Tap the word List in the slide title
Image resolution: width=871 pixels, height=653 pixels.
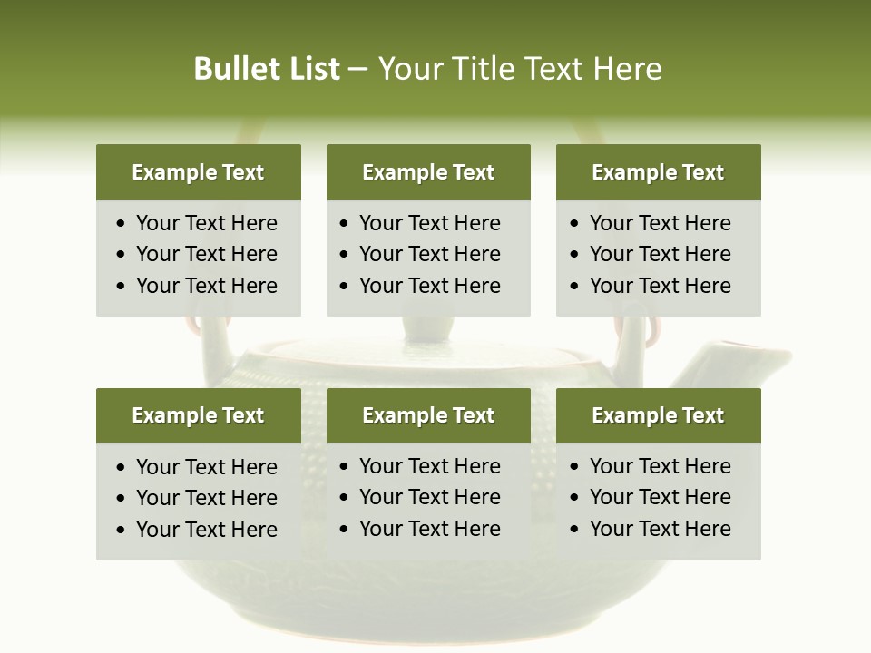click(x=310, y=69)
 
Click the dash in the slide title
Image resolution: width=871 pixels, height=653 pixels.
click(x=358, y=69)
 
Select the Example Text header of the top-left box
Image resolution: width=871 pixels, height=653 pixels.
click(x=198, y=172)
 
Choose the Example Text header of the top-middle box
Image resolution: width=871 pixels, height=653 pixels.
click(x=428, y=172)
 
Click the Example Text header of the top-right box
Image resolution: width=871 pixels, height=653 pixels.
click(x=658, y=172)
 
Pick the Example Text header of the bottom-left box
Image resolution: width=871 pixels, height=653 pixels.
click(x=198, y=415)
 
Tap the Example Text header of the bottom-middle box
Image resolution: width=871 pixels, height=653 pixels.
click(x=428, y=415)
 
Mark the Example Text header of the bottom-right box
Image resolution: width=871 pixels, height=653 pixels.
click(x=658, y=415)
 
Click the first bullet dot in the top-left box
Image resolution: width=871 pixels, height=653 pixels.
click(x=122, y=224)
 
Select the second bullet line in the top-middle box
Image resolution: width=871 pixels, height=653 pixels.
click(x=429, y=254)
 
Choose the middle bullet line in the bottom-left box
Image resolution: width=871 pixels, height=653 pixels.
click(x=206, y=498)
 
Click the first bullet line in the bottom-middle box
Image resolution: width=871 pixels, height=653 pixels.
click(x=429, y=466)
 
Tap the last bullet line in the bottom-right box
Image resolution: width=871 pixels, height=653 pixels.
click(x=660, y=529)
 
